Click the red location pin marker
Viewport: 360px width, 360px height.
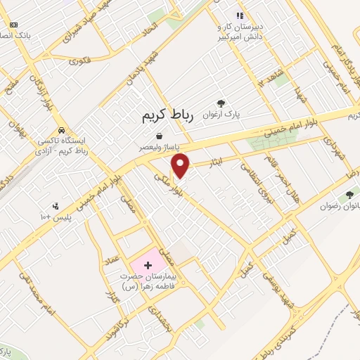(181, 165)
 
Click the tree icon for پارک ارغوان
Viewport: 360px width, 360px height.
(222, 103)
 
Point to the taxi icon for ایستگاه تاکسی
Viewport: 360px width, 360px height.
(63, 130)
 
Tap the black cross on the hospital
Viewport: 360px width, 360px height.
(148, 265)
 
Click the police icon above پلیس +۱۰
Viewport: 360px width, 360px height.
(55, 206)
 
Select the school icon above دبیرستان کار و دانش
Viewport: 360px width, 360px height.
(240, 15)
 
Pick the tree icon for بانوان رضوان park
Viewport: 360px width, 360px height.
(349, 195)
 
